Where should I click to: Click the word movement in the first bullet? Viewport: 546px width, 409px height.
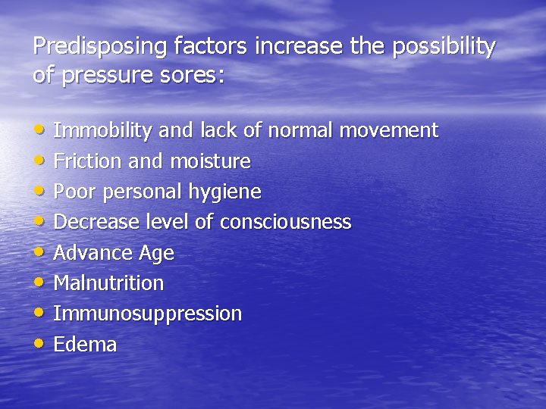(x=388, y=130)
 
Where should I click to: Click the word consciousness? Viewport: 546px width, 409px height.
(x=285, y=222)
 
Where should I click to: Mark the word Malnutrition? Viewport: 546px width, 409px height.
(x=108, y=283)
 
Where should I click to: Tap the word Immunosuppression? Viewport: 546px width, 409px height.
(x=147, y=314)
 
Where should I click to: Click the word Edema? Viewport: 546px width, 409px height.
(x=85, y=345)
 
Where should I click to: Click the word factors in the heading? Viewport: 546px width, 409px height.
(x=211, y=47)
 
